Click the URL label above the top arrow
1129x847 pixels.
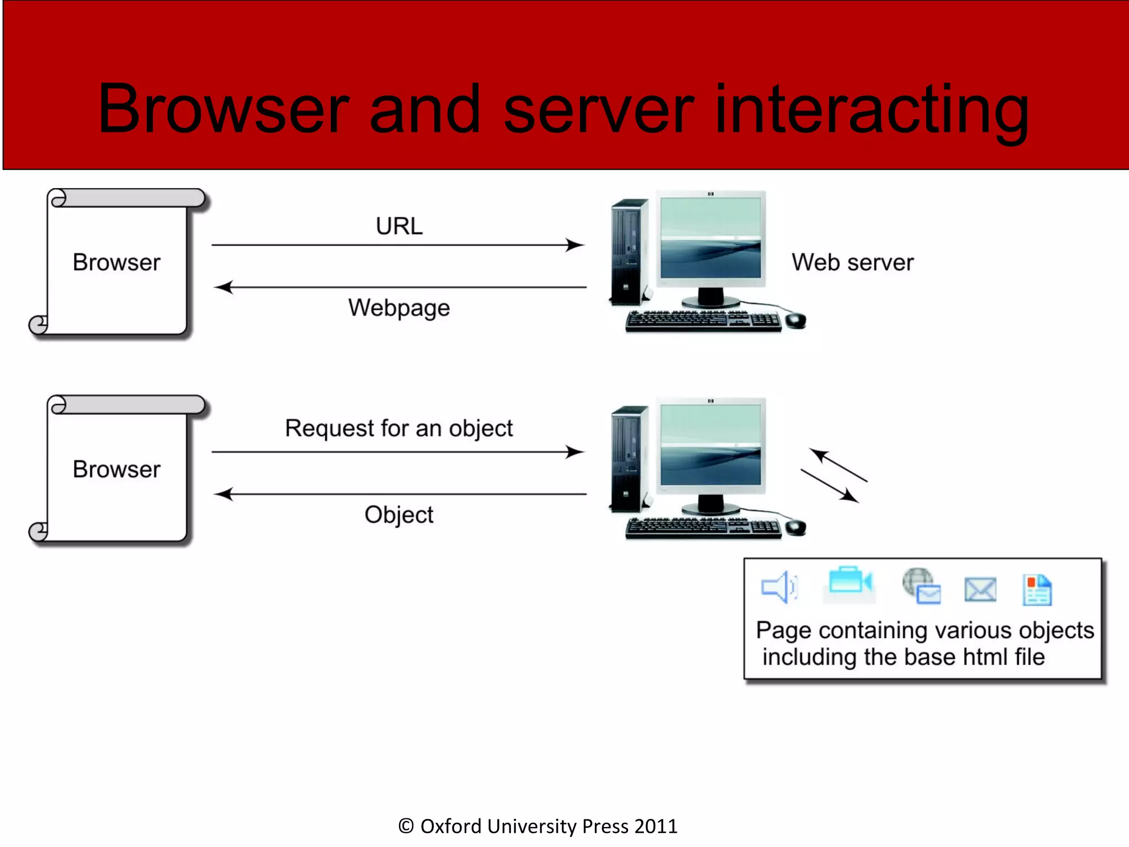tap(399, 226)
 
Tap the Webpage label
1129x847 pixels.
tap(399, 308)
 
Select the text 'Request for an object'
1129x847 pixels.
tap(399, 428)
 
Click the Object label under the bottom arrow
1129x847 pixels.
tap(399, 514)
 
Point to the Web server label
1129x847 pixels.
tap(852, 262)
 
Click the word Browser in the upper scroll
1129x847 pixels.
tap(116, 262)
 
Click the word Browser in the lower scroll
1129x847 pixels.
tap(116, 469)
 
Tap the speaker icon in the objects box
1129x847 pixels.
tap(778, 587)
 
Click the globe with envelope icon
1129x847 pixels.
tap(921, 586)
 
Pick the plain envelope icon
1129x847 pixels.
tap(980, 590)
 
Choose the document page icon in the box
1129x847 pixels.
tap(1037, 590)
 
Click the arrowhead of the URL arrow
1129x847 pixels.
tap(575, 245)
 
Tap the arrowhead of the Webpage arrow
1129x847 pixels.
tap(223, 287)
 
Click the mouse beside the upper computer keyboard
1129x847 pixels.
tap(795, 320)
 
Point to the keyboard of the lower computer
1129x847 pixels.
tap(703, 528)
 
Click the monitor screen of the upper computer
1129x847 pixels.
tap(710, 238)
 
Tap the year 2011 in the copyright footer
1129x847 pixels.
tap(655, 827)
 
